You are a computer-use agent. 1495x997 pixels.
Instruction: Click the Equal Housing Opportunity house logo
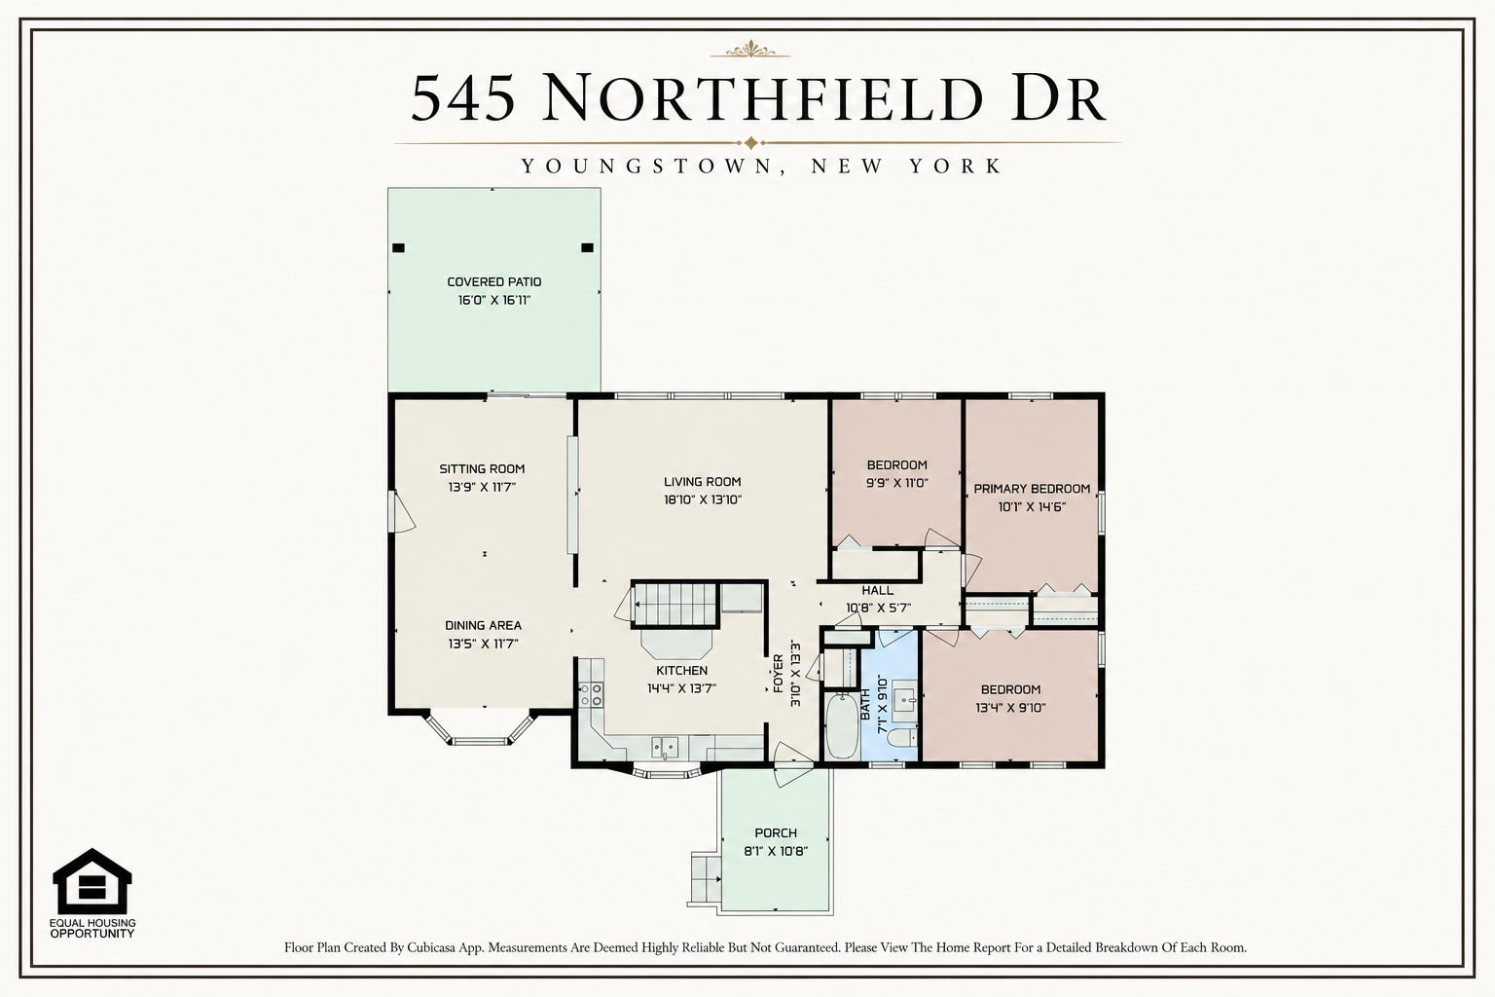[x=92, y=881]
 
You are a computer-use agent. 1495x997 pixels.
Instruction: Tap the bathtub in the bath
[x=842, y=726]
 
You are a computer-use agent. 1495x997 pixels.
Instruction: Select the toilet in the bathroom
[x=902, y=737]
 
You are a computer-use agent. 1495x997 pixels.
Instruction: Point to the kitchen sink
[x=665, y=747]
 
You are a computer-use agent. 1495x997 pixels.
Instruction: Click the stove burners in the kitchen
[x=591, y=694]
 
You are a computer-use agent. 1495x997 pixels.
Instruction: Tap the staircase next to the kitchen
[x=675, y=605]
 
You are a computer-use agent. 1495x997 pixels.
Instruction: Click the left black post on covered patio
[x=398, y=247]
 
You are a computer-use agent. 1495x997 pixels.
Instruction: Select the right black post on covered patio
[x=587, y=247]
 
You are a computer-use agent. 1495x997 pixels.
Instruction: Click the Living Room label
[x=702, y=482]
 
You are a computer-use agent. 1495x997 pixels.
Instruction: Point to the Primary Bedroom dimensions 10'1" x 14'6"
[x=1032, y=507]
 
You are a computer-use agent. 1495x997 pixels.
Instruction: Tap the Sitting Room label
[x=482, y=468]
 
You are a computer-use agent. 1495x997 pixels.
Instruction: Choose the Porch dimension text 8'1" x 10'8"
[x=776, y=851]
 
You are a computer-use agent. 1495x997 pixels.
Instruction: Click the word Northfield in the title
[x=763, y=98]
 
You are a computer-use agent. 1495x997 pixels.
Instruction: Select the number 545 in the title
[x=463, y=98]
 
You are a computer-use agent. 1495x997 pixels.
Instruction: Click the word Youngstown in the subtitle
[x=646, y=166]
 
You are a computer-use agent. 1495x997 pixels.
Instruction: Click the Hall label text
[x=878, y=590]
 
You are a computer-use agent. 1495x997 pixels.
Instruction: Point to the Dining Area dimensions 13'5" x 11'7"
[x=483, y=644]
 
